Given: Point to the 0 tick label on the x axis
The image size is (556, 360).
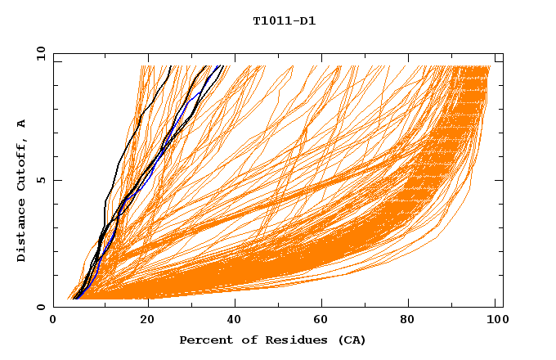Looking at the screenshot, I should (x=53, y=321).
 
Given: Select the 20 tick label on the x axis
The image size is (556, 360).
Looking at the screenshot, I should (x=147, y=321).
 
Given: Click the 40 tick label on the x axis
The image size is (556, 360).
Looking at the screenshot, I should (x=235, y=321).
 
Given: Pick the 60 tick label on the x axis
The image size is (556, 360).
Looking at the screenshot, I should (x=324, y=321).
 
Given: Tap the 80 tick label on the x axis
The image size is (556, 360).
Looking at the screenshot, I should (x=413, y=321).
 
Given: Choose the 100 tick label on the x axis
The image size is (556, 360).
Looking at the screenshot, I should (x=497, y=321).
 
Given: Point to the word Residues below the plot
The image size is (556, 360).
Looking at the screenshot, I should (x=283, y=340).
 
